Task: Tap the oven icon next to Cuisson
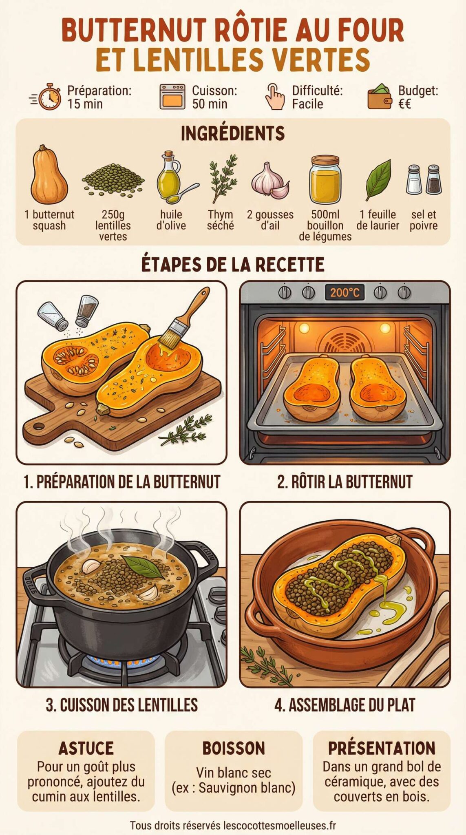tap(172, 97)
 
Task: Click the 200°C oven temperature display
tap(345, 292)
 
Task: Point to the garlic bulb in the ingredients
tap(269, 180)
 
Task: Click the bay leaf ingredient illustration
tap(379, 179)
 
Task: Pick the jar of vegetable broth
tap(325, 180)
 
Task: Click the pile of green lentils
tap(113, 179)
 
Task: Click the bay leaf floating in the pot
tap(144, 566)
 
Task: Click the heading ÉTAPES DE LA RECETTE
tap(233, 264)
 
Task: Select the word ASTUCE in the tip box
tap(86, 749)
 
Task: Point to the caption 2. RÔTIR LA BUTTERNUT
tap(345, 482)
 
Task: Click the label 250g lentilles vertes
tap(113, 225)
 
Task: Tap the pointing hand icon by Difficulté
tap(275, 97)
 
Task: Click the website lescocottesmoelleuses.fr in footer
tap(280, 826)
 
